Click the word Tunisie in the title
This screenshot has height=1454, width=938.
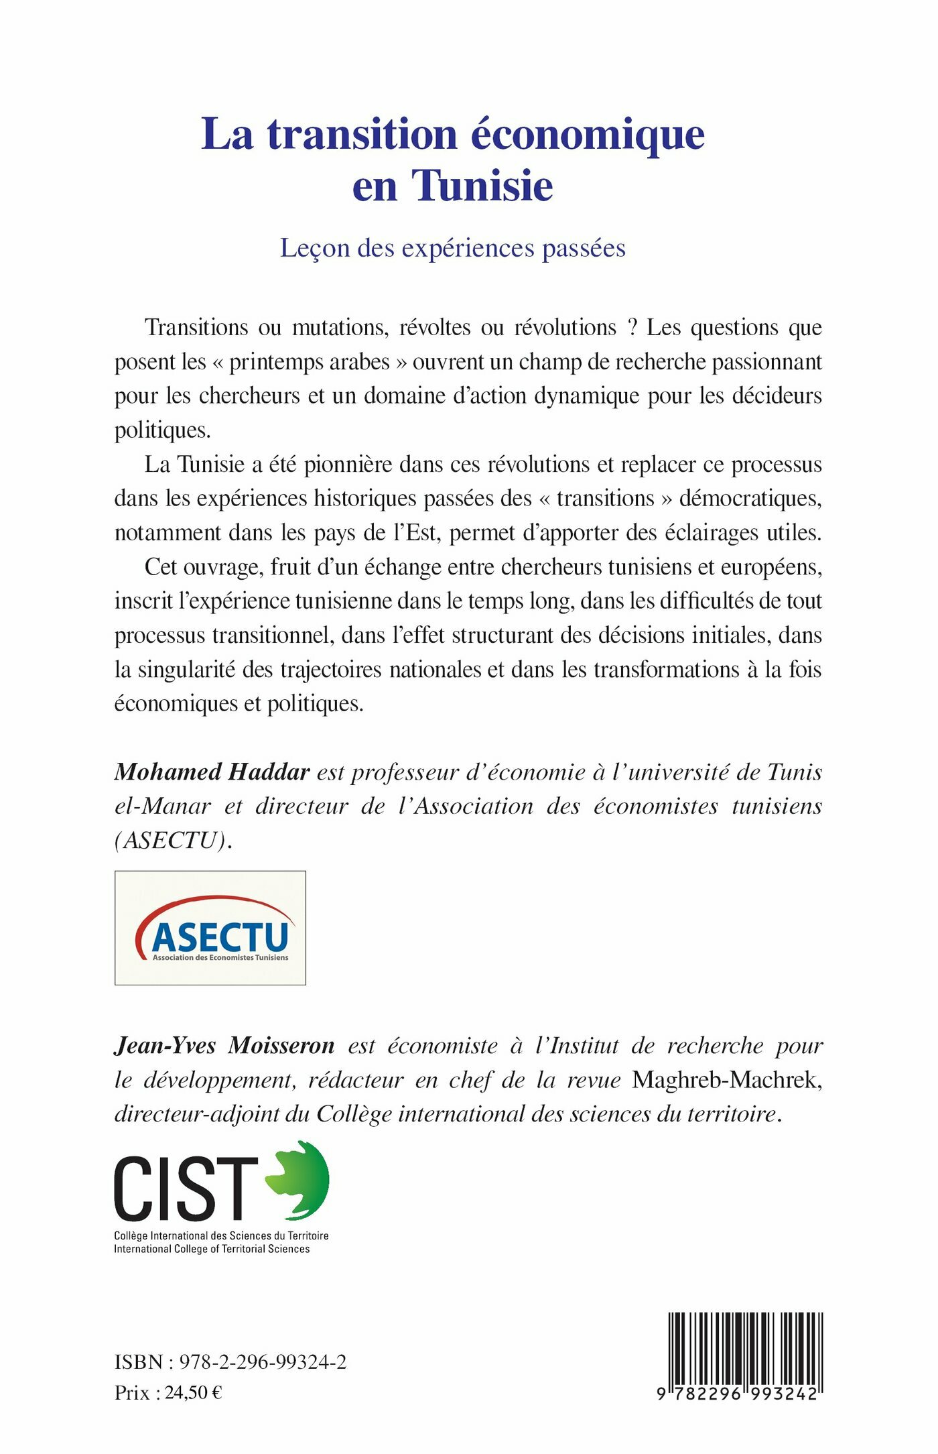tap(482, 186)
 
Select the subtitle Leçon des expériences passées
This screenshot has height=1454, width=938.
tap(453, 248)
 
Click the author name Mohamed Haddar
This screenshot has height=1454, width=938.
tap(212, 772)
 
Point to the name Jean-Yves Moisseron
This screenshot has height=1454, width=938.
tap(224, 1045)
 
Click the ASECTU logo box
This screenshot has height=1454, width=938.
tap(210, 928)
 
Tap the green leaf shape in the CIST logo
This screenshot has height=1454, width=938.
tap(299, 1180)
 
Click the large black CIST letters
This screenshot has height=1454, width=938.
tap(186, 1189)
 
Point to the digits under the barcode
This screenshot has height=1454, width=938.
tap(737, 1394)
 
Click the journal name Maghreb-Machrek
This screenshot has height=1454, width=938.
tap(727, 1080)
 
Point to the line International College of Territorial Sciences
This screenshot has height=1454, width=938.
tap(212, 1249)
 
